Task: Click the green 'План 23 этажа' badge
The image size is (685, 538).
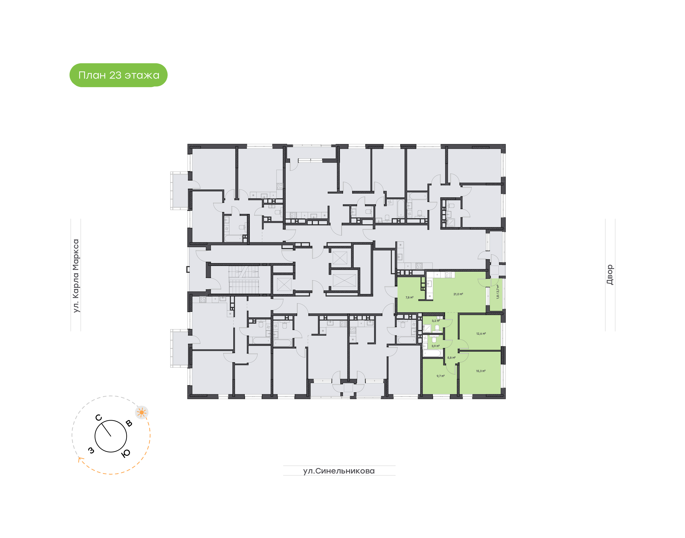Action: click(118, 75)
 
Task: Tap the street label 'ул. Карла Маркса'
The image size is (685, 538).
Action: click(76, 276)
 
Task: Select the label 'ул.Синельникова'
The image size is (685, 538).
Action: click(339, 471)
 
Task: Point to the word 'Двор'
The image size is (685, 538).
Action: click(610, 275)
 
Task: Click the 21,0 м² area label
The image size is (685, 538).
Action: click(458, 294)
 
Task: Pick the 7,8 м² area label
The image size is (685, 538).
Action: click(409, 297)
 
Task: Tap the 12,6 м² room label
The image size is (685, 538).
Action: click(481, 334)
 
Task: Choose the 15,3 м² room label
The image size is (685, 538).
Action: click(480, 371)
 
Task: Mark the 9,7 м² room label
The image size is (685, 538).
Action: click(440, 376)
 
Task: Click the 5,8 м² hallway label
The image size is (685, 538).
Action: click(451, 358)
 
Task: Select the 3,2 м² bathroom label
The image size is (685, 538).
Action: click(435, 321)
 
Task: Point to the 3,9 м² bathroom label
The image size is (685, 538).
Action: click(435, 346)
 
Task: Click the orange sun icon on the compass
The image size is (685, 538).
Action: click(142, 412)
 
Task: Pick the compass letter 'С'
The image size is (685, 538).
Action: click(98, 418)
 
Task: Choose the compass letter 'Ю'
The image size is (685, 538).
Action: click(126, 453)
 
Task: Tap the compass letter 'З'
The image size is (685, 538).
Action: click(91, 450)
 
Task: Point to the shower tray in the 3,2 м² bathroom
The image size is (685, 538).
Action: click(427, 329)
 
